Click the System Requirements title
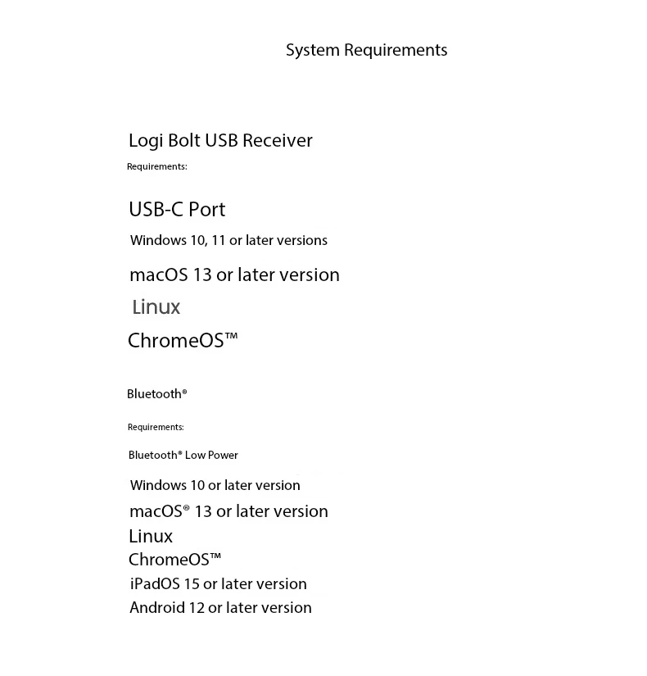coord(366,50)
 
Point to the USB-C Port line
coord(177,210)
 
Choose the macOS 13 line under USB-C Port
coord(234,274)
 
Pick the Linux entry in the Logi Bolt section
coord(156,307)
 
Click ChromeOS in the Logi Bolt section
coord(182,340)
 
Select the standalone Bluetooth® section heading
coord(156,394)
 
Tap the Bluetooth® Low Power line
coord(183,455)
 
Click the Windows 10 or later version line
coord(215,485)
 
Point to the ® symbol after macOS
coord(186,509)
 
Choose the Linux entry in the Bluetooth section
coord(151,536)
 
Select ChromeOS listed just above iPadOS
coord(174,560)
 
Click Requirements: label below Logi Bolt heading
coord(156,166)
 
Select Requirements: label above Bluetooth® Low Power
coord(156,427)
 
